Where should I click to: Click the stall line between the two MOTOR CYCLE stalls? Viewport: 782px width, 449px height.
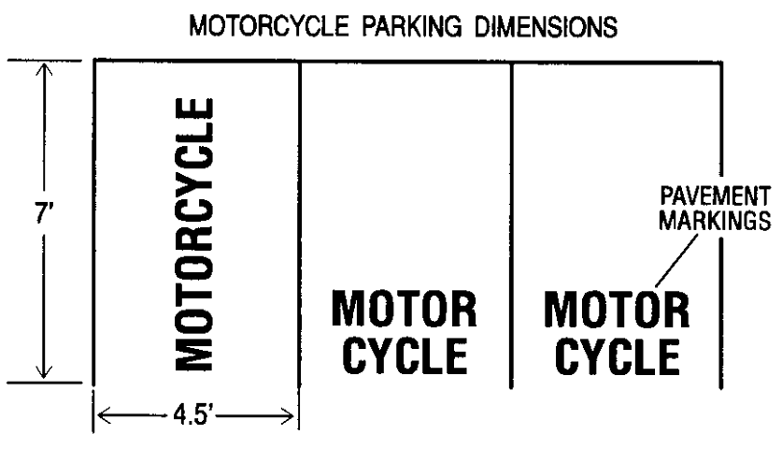pyautogui.click(x=512, y=224)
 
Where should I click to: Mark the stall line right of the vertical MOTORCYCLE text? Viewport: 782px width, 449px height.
pyautogui.click(x=299, y=224)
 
